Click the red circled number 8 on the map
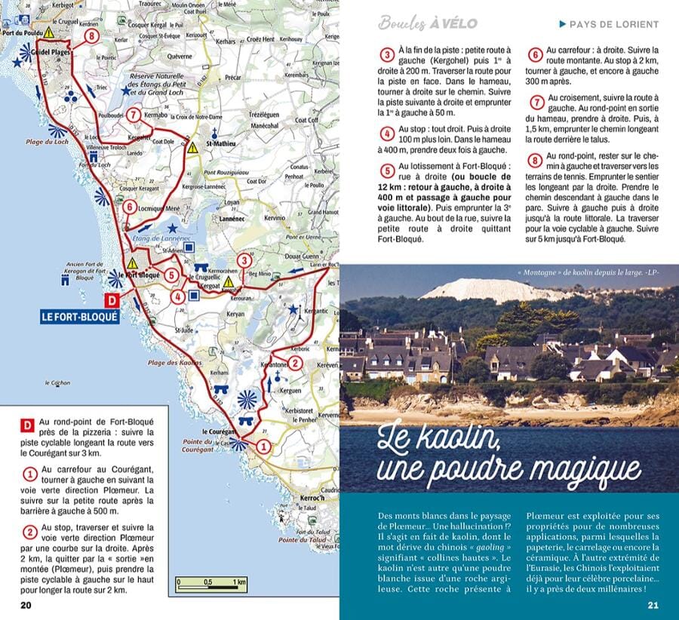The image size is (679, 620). coord(92,35)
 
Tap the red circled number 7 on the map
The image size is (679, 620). coord(134,115)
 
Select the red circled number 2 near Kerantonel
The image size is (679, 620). coord(296,364)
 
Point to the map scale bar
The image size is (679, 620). coord(210,582)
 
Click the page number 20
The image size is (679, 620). coord(26,604)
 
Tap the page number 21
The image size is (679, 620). coord(653,604)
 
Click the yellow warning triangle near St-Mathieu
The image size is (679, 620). coord(193,149)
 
